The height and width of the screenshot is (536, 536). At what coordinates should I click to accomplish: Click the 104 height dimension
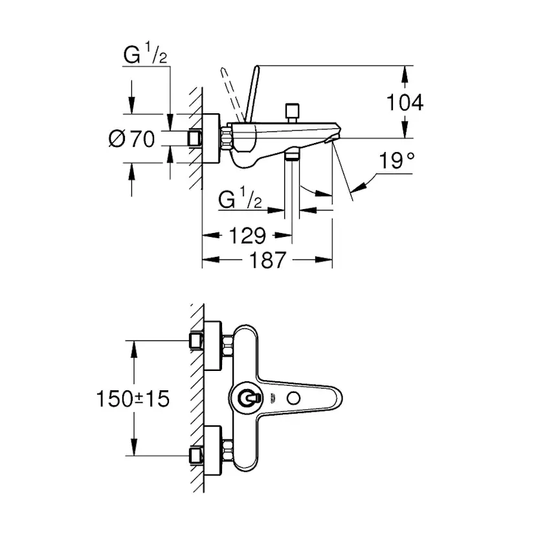click(405, 102)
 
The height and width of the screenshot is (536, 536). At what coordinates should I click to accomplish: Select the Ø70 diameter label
click(133, 139)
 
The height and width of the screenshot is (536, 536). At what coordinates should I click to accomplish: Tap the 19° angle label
click(396, 161)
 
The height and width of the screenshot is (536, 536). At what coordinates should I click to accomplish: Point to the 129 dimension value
click(247, 235)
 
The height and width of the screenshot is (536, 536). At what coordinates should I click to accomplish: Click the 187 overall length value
click(267, 260)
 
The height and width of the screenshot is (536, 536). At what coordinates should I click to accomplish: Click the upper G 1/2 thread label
click(146, 56)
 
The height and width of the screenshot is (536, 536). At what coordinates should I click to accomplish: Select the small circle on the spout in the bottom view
click(300, 400)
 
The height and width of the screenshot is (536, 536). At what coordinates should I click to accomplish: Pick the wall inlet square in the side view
click(194, 139)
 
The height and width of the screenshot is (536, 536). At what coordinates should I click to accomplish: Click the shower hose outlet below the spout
click(293, 155)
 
